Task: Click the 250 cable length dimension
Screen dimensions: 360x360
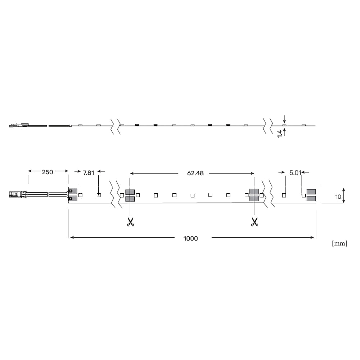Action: click(x=47, y=172)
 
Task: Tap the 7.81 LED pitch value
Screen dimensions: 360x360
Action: click(x=89, y=173)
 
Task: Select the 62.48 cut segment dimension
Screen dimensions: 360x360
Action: click(x=195, y=173)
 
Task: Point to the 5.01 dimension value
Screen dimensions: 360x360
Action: click(x=295, y=173)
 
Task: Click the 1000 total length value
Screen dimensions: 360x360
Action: click(x=190, y=239)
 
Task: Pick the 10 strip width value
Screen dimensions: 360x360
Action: click(x=338, y=197)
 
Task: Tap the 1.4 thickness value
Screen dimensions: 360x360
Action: click(x=280, y=134)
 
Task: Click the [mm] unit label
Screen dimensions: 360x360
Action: click(x=339, y=243)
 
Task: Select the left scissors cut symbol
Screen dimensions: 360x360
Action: click(x=130, y=222)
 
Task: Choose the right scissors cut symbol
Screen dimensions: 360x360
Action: click(x=255, y=222)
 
